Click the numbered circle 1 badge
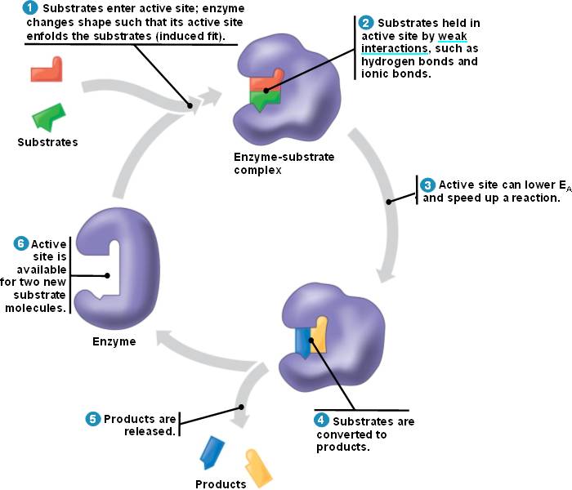(30, 8)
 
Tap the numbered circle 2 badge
(366, 23)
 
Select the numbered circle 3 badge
(427, 185)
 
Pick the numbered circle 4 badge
(323, 421)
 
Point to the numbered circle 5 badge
(93, 419)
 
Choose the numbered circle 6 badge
(21, 243)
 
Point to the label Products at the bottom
(221, 484)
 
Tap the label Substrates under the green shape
(47, 142)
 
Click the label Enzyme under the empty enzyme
(114, 341)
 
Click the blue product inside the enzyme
(302, 342)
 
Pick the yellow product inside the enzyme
(319, 335)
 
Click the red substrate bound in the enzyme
(263, 82)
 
